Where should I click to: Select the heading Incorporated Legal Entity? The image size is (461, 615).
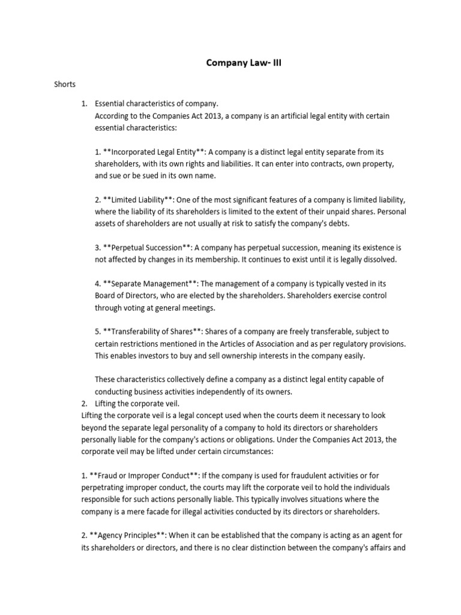point(151,151)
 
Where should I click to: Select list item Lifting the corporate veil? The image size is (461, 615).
point(137,402)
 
